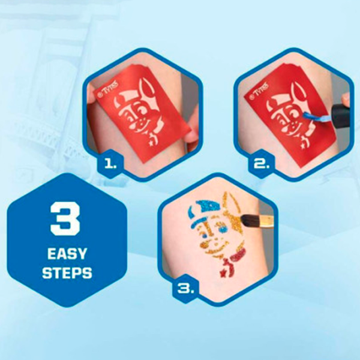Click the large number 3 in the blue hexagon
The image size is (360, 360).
pos(65,218)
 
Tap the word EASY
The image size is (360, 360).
pos(67,254)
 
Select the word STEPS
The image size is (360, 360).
pos(67,273)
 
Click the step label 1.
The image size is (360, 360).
pos(110,164)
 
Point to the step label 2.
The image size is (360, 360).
pos(262,164)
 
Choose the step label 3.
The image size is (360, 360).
pos(186,289)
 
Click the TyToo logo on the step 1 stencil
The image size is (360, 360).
pos(107,89)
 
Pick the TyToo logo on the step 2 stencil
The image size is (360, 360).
pos(259,89)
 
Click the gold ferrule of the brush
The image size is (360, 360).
pos(266,221)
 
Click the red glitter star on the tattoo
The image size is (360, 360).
pos(222,273)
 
